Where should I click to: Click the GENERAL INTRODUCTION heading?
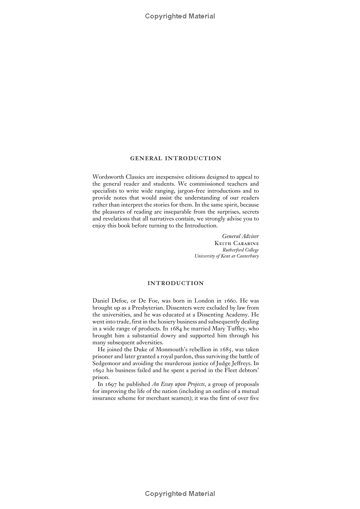click(x=175, y=158)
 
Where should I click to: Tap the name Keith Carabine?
click(x=237, y=242)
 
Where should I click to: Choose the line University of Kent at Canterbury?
click(x=227, y=256)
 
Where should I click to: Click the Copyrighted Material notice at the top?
click(x=180, y=16)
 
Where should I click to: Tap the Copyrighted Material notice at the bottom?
click(x=180, y=494)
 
